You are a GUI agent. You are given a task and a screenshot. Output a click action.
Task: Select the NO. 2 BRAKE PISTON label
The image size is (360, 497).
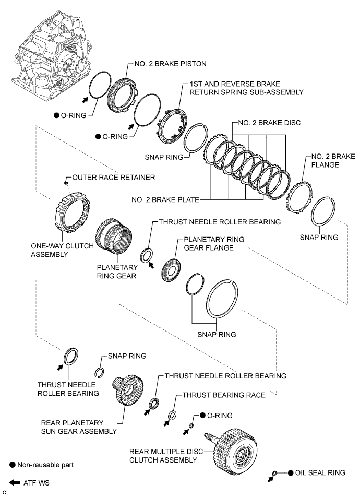[x=168, y=64]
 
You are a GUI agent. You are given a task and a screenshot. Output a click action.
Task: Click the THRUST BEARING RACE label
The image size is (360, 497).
[x=224, y=395]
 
